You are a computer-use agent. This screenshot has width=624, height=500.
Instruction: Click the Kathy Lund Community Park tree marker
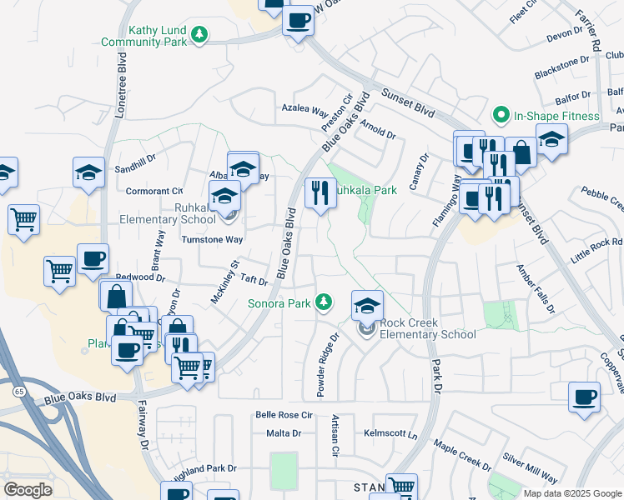(x=199, y=34)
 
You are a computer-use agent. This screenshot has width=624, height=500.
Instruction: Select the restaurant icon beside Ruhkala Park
(x=320, y=194)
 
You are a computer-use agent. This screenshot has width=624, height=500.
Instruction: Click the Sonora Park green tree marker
(x=324, y=302)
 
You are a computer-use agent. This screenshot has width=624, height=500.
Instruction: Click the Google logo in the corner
(x=28, y=490)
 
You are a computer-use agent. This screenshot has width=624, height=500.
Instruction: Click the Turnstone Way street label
(x=212, y=239)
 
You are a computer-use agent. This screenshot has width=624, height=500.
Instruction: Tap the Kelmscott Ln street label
(x=390, y=433)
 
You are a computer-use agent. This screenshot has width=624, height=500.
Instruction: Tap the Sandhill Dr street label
(x=136, y=159)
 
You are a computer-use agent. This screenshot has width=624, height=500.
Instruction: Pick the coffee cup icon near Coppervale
(x=584, y=397)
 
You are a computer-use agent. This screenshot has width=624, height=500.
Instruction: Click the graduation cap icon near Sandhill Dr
(x=88, y=172)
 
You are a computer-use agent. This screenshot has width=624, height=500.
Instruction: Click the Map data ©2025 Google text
(x=572, y=493)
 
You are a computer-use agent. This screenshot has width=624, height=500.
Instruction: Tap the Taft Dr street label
(x=253, y=282)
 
